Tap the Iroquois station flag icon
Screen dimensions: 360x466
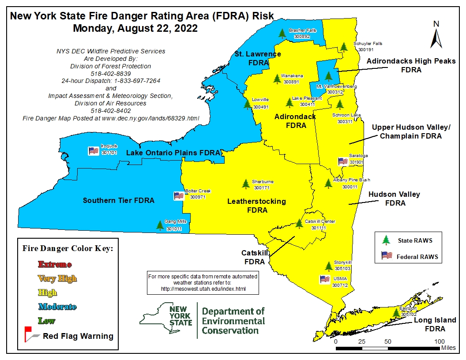pyautogui.click(x=93, y=150)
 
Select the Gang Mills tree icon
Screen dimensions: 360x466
pyautogui.click(x=160, y=225)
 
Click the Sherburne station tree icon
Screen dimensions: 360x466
pyautogui.click(x=246, y=184)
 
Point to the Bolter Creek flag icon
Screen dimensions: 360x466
pyautogui.click(x=179, y=196)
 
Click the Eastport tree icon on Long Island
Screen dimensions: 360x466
pyautogui.click(x=397, y=312)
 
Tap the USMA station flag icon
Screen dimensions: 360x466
pyautogui.click(x=325, y=279)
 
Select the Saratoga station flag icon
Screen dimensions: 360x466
pyautogui.click(x=343, y=161)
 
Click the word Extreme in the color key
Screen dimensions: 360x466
pyautogui.click(x=55, y=264)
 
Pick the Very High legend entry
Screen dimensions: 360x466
pyautogui.click(x=57, y=278)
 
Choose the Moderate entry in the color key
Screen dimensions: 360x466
pyautogui.click(x=57, y=307)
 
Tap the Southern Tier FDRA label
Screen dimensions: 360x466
pyautogui.click(x=119, y=200)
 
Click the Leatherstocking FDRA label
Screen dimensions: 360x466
pyautogui.click(x=256, y=206)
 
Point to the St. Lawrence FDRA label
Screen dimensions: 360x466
pyautogui.click(x=258, y=58)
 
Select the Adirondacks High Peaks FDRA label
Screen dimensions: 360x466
pyautogui.click(x=411, y=65)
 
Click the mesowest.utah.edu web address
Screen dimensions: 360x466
pyautogui.click(x=203, y=289)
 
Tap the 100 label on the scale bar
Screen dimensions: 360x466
pyautogui.click(x=439, y=341)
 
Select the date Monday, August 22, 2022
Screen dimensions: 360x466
pyautogui.click(x=135, y=29)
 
